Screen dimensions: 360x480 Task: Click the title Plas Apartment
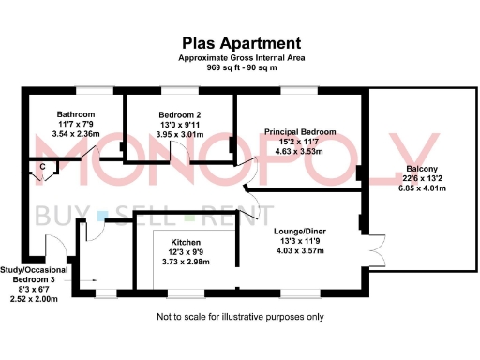[242, 43]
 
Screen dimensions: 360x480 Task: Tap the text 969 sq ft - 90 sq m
[242, 67]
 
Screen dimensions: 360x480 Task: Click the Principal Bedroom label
[300, 131]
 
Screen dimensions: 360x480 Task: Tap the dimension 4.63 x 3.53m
[300, 151]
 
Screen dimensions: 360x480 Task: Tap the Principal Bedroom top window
[302, 91]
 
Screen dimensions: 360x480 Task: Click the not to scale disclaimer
[242, 316]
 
